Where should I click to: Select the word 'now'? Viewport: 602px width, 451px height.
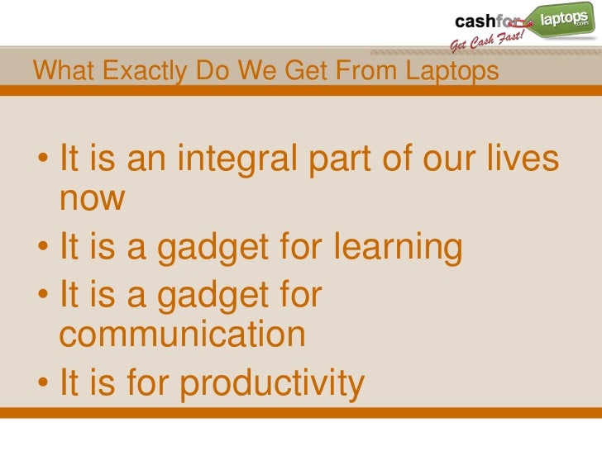click(x=93, y=199)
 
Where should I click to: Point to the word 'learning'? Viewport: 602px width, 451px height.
click(x=397, y=246)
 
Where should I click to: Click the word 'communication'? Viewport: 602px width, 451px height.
click(x=183, y=335)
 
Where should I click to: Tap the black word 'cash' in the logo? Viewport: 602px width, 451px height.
click(x=475, y=21)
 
